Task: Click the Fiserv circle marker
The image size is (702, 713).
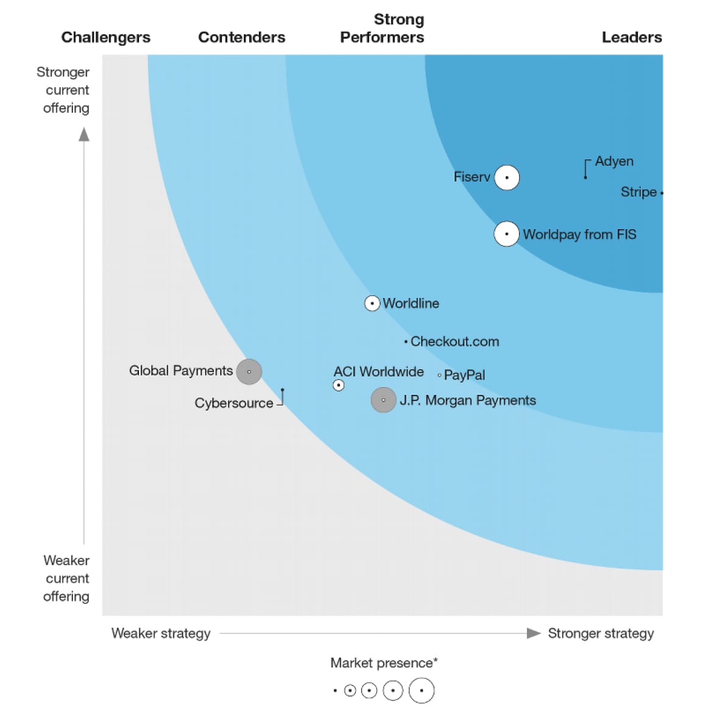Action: [506, 178]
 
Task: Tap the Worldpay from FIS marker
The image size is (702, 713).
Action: [506, 234]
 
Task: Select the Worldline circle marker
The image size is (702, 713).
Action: [372, 303]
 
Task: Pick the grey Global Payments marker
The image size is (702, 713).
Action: [249, 372]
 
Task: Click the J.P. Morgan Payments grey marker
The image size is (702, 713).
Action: [383, 400]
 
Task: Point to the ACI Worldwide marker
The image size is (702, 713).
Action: [339, 385]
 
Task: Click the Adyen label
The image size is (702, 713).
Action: [614, 161]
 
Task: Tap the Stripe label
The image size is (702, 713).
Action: [638, 192]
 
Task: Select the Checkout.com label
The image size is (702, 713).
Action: [455, 342]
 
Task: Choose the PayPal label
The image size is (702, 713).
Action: [464, 375]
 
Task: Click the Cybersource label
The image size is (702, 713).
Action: [234, 403]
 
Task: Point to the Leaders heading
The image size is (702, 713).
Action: [631, 38]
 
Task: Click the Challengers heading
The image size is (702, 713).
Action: [105, 38]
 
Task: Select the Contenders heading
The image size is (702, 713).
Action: [241, 38]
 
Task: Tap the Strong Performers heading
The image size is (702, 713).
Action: [382, 29]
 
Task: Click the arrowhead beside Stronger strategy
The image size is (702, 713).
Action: [533, 633]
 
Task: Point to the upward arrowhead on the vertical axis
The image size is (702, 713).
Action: [84, 134]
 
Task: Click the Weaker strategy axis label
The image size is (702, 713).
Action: [161, 634]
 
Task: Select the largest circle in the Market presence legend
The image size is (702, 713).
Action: [421, 691]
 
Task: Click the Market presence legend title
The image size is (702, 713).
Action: [384, 663]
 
